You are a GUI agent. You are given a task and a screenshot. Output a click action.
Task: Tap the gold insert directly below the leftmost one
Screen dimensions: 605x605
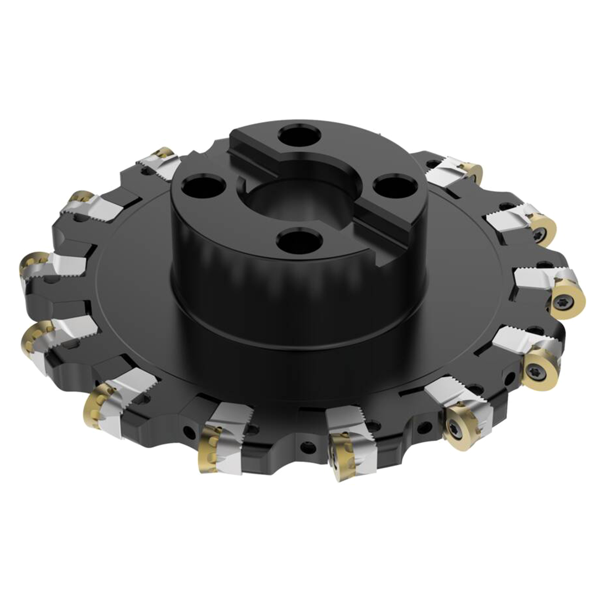(x=35, y=336)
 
